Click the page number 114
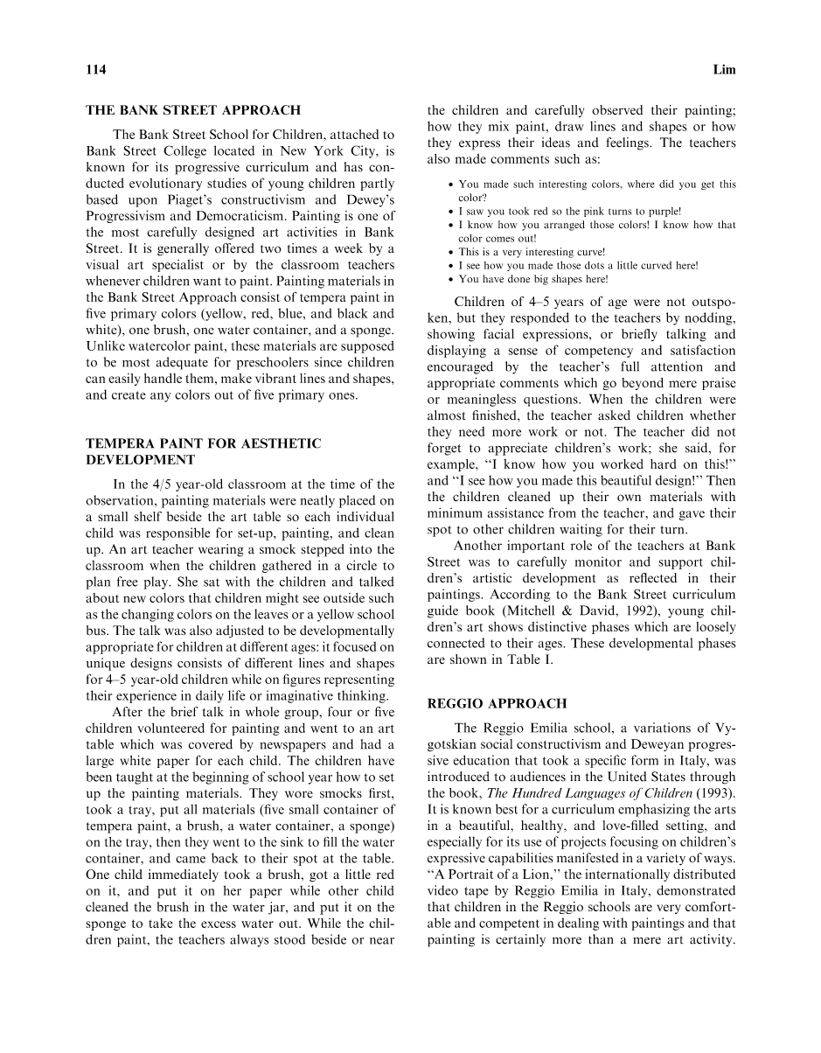(95, 70)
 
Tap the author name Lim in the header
(725, 70)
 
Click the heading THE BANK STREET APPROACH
(193, 111)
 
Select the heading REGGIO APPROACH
(497, 703)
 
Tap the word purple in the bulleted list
(661, 211)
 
